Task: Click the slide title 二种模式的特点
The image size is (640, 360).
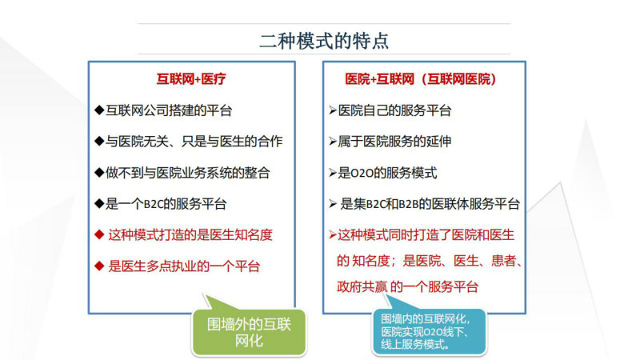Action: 324,41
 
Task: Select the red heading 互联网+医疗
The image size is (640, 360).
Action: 191,78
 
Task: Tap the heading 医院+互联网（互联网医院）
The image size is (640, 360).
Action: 421,78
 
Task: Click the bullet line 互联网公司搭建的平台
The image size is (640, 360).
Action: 169,110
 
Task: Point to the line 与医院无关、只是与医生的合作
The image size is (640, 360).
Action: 194,142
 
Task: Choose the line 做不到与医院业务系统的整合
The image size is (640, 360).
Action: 188,173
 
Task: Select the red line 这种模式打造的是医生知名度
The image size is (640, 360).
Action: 190,235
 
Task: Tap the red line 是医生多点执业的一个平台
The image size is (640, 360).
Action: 184,266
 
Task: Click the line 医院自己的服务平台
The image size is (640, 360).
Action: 394,110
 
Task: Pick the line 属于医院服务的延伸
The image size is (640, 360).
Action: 394,142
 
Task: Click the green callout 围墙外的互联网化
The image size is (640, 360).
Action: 249,332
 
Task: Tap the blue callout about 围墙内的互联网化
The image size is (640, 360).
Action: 429,332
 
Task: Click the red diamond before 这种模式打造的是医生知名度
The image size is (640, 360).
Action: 98,234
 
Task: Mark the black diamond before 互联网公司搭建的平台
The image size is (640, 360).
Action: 98,110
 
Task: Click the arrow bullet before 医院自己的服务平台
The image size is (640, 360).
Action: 333,110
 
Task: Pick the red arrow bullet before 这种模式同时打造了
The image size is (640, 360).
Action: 333,235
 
